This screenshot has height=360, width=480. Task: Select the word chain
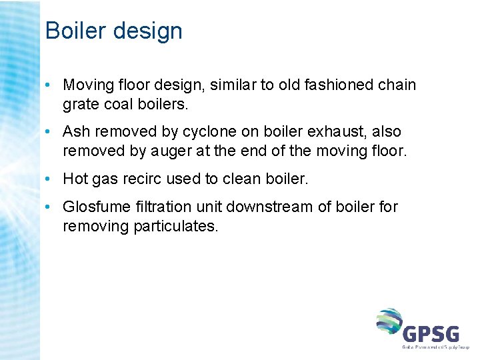pos(397,85)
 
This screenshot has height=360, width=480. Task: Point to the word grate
pos(81,105)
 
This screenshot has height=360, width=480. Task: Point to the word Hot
pos(75,179)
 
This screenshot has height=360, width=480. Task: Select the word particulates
pos(176,226)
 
